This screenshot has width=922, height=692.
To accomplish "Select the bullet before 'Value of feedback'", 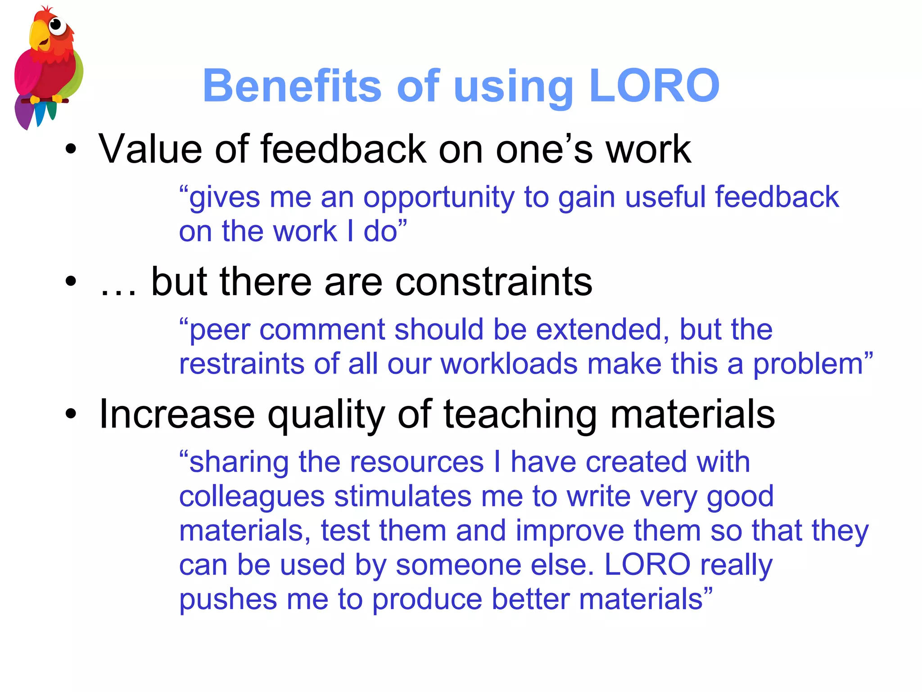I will click(71, 149).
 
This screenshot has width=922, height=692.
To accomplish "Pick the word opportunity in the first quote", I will click(438, 198).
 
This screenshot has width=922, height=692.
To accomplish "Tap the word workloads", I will click(509, 364).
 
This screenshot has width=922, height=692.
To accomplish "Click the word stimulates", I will click(403, 496).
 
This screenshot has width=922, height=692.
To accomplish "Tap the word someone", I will click(458, 565).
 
